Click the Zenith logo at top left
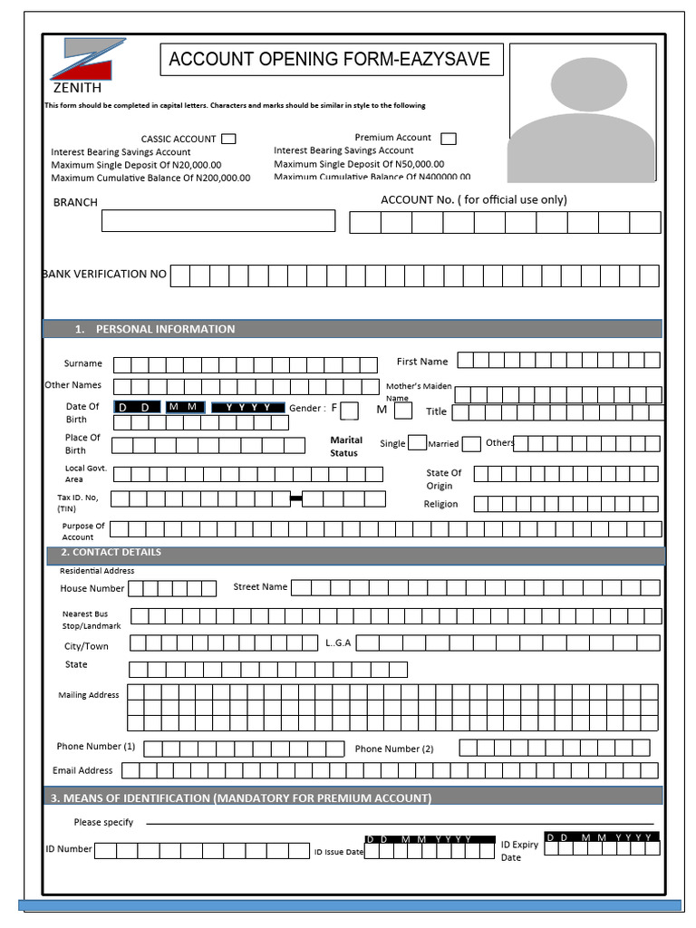click(85, 65)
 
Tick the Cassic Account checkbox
click(228, 139)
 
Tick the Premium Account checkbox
click(448, 139)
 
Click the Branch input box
click(217, 220)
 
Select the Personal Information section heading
click(166, 329)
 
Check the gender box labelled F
click(349, 411)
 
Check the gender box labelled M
click(403, 411)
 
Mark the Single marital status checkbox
click(417, 443)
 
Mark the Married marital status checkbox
click(471, 444)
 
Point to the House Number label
click(92, 588)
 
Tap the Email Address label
click(82, 770)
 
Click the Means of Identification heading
click(241, 797)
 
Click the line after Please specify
click(399, 824)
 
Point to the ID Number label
click(69, 849)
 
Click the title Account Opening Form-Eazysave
click(330, 60)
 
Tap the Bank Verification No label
click(105, 274)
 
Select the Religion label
click(440, 504)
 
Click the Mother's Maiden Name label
click(418, 391)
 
